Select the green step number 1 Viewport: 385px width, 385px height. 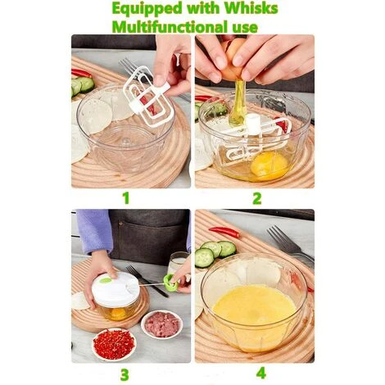(x=125, y=197)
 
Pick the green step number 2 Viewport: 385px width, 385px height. (x=256, y=197)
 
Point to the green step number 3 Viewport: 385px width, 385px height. (x=125, y=374)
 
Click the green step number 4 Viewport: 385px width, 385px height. (x=260, y=374)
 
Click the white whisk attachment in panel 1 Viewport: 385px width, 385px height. (x=147, y=97)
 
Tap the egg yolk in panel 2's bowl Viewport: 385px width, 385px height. (x=269, y=165)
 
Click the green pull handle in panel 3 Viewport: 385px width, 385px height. (x=170, y=283)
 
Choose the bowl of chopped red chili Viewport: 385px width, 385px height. (x=114, y=343)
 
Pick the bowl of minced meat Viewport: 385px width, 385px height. (x=162, y=324)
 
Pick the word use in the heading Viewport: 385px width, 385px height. (x=246, y=26)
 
